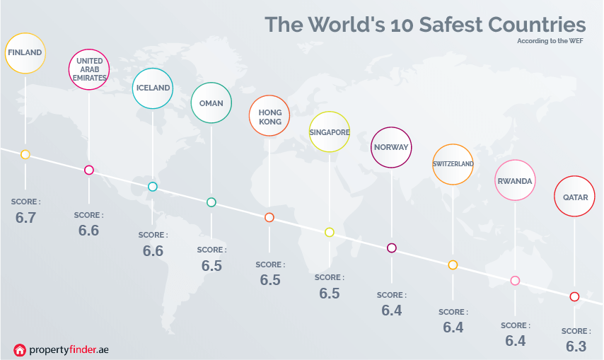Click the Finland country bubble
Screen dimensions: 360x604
click(25, 52)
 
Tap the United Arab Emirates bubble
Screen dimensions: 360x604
click(89, 69)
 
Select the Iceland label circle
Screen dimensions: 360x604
click(153, 88)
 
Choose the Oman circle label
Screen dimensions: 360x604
click(211, 103)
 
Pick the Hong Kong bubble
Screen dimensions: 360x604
click(269, 116)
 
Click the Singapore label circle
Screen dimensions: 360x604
click(330, 132)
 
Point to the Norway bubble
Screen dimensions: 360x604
click(392, 147)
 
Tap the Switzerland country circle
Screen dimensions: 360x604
click(453, 164)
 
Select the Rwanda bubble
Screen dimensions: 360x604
click(515, 181)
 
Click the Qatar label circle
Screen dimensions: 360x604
click(575, 197)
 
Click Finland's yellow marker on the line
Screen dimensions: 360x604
click(25, 154)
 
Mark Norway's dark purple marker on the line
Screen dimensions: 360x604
click(392, 248)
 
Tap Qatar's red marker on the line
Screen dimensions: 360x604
click(574, 296)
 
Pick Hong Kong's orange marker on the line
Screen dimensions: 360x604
click(269, 217)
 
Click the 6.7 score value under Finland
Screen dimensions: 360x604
click(25, 218)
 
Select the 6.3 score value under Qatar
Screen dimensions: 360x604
click(576, 347)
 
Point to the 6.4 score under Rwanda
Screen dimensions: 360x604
click(515, 341)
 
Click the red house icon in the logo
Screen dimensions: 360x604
click(20, 349)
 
